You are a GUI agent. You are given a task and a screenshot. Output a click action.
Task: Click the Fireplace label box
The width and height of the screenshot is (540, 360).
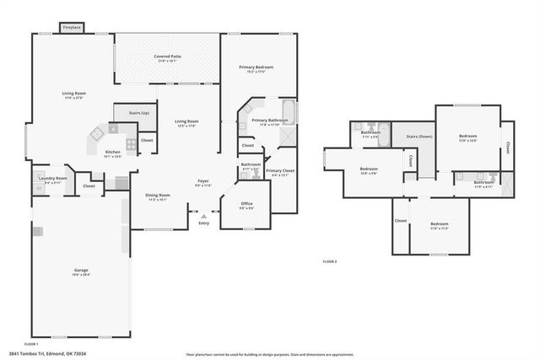[x=73, y=28]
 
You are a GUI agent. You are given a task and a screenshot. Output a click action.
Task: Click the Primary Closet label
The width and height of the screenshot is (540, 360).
[x=280, y=173]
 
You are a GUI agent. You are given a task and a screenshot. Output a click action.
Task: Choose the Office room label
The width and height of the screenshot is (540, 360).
[x=246, y=205]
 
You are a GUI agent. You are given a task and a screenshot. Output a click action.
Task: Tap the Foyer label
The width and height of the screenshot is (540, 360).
[x=203, y=183]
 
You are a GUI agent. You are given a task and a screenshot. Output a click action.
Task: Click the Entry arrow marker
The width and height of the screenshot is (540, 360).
[x=203, y=217]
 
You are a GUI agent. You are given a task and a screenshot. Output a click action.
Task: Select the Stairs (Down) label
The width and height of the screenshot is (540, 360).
[x=419, y=136]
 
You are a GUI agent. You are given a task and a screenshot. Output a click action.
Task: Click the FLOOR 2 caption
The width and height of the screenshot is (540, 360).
[x=330, y=262]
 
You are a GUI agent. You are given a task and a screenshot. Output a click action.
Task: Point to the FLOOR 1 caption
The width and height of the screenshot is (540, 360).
[x=31, y=344]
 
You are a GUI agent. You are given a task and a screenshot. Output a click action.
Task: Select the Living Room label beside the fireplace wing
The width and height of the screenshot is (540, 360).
[x=74, y=95]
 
